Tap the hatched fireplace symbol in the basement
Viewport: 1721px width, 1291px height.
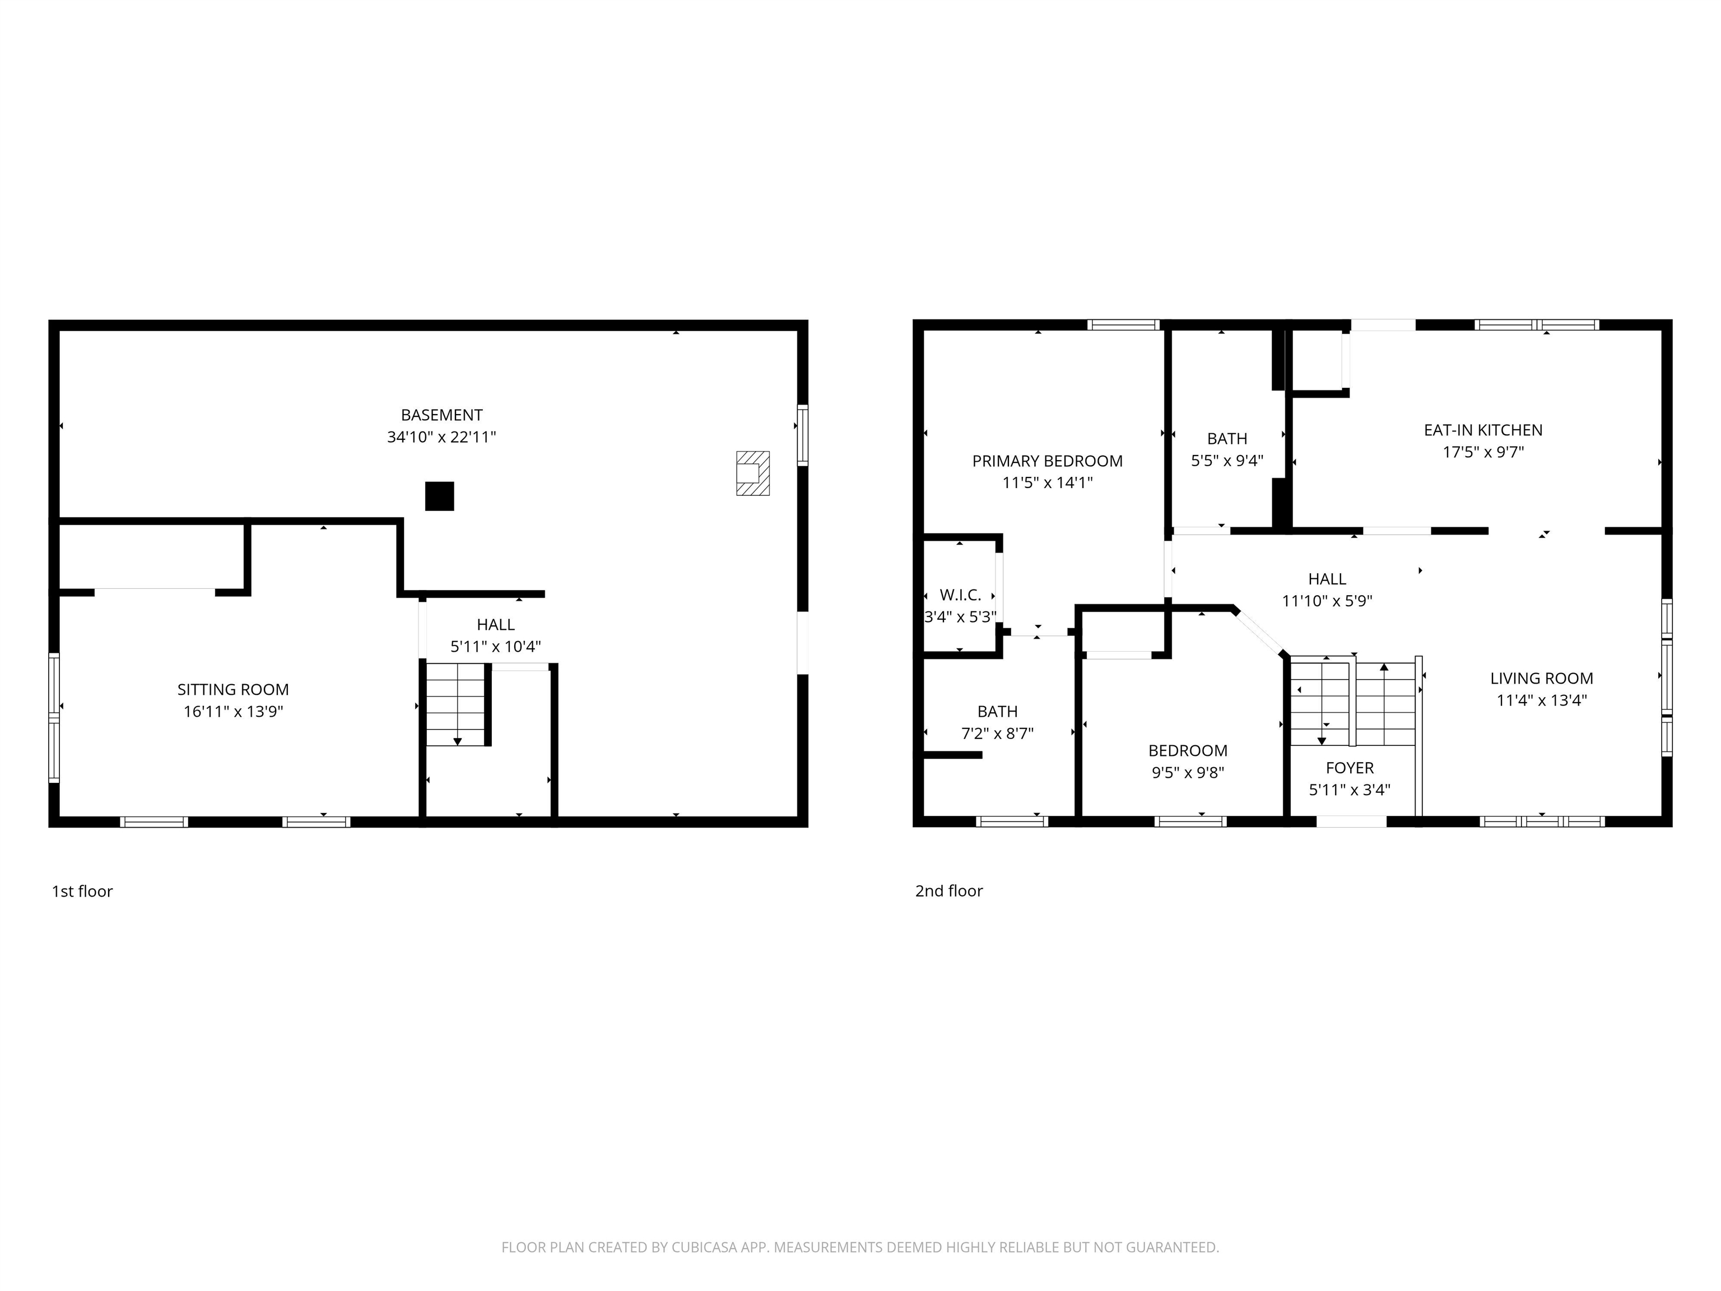click(x=752, y=472)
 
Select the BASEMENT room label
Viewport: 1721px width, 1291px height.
click(x=441, y=415)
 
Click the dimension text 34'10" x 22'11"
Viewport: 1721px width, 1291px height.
click(x=441, y=436)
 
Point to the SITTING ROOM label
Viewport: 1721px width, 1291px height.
click(x=232, y=689)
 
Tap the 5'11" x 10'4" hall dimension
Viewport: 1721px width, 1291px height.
click(x=496, y=646)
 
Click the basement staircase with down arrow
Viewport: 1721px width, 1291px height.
click(x=457, y=704)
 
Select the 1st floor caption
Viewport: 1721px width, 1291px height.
click(x=82, y=891)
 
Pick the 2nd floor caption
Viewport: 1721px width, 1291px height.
click(x=948, y=891)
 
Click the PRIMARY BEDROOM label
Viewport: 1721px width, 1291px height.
click(x=1047, y=461)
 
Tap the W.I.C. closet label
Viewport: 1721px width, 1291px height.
click(x=960, y=595)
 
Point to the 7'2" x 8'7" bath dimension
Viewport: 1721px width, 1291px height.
click(x=997, y=733)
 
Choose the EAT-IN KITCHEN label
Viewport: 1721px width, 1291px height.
click(x=1483, y=430)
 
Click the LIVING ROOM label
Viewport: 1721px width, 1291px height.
click(x=1541, y=678)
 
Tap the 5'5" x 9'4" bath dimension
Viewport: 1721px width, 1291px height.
click(x=1227, y=460)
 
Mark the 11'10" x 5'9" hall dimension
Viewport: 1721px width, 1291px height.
click(x=1327, y=601)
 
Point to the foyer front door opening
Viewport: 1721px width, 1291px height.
click(x=1351, y=821)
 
